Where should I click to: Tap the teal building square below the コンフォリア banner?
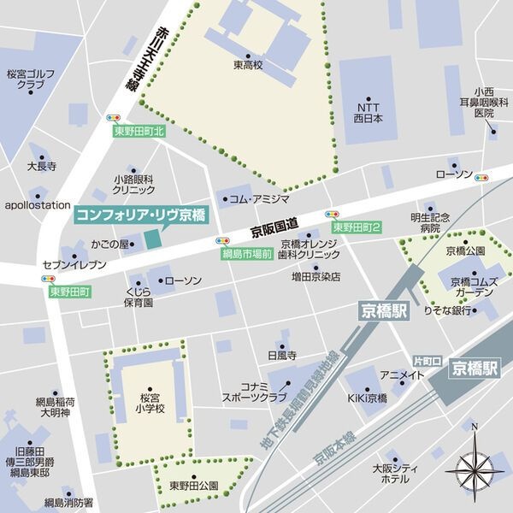[x=152, y=239]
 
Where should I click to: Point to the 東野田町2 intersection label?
[x=357, y=227]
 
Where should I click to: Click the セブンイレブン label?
[x=74, y=265]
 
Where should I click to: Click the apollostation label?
[x=37, y=205]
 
